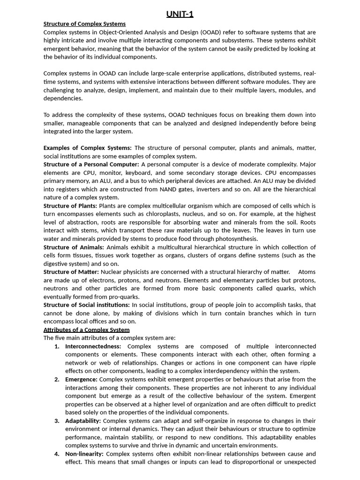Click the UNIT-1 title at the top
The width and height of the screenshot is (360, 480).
tap(180, 14)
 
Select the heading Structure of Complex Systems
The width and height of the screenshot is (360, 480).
tap(84, 24)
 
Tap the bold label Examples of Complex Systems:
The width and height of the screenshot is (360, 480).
tap(88, 148)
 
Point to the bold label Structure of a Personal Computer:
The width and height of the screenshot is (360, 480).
tap(91, 165)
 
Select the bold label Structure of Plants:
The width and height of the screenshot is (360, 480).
tap(70, 206)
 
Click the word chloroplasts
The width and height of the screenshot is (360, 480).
tap(162, 214)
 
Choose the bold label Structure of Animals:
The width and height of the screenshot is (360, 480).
tap(74, 247)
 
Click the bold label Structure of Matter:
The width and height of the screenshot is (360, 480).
tap(71, 272)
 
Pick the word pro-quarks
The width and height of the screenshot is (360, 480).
tap(124, 297)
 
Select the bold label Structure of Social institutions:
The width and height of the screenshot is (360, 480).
tap(87, 305)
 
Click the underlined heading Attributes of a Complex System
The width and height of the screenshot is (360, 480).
tap(87, 330)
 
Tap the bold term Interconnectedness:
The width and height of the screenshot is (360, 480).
tap(95, 346)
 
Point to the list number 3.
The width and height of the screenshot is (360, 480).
tap(57, 421)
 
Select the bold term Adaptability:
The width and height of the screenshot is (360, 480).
tap(83, 421)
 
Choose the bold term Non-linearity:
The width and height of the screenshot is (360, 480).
tap(85, 454)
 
